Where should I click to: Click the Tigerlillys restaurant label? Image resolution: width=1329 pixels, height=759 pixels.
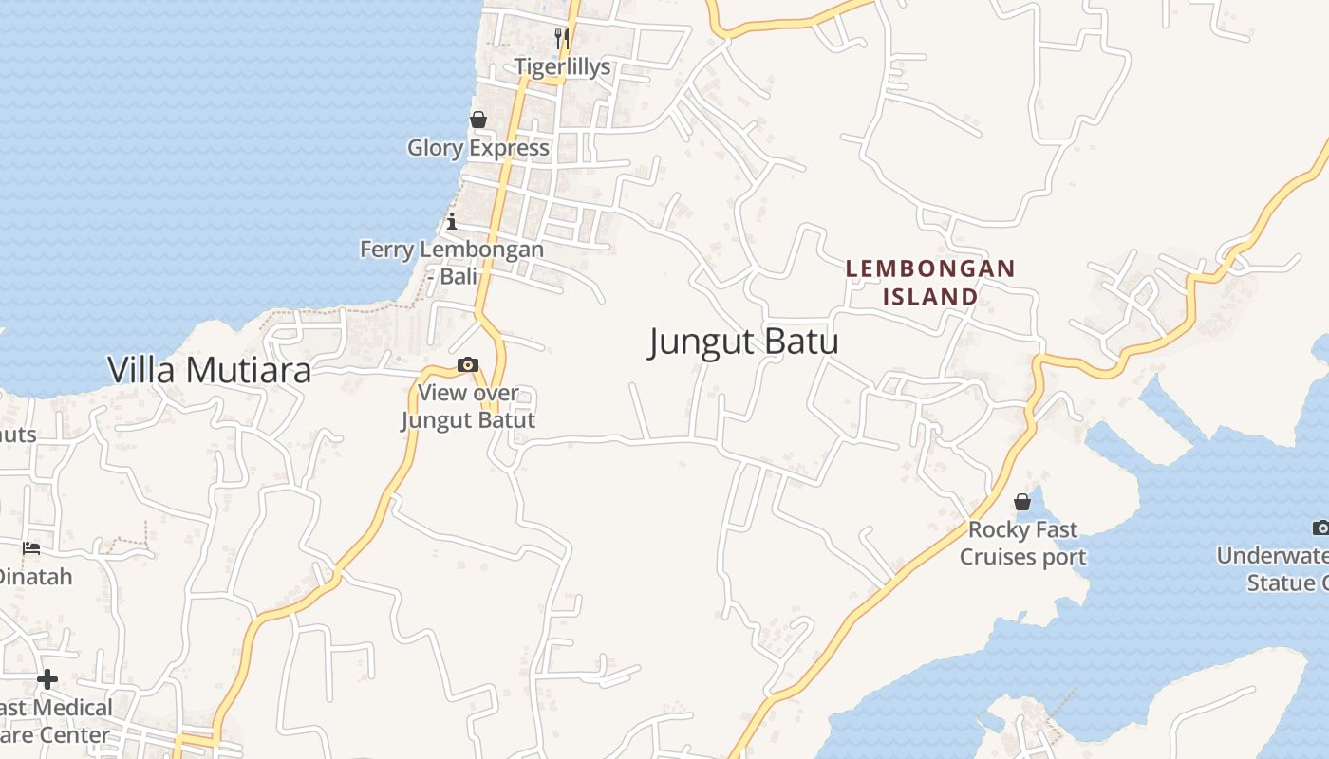click(x=563, y=66)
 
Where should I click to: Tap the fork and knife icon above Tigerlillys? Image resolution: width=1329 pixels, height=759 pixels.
click(x=562, y=38)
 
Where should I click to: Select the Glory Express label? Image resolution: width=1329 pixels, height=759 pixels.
click(x=478, y=148)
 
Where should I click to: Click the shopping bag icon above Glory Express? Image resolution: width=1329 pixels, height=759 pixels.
click(x=478, y=120)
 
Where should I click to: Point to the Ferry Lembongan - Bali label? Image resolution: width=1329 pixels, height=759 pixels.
click(x=452, y=263)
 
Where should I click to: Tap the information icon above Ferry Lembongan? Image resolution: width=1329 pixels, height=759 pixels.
click(x=452, y=222)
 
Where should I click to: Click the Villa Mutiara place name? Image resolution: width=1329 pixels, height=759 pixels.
click(x=209, y=370)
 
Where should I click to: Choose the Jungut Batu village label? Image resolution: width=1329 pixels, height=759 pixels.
click(x=743, y=342)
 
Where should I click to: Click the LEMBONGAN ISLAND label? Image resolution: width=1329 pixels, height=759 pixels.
click(x=930, y=283)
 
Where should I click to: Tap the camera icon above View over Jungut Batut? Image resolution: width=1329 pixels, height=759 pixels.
click(x=467, y=365)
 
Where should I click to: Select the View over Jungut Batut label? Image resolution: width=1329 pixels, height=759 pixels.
click(x=468, y=406)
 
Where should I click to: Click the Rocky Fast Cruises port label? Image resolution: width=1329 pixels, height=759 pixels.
click(x=1022, y=543)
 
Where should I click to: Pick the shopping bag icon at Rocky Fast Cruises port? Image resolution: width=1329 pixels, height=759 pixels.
click(x=1022, y=501)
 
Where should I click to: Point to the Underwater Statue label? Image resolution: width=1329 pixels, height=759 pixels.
click(x=1277, y=569)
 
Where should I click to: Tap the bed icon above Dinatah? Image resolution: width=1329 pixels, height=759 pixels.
click(x=31, y=547)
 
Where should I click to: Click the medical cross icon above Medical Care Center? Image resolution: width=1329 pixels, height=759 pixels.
click(x=47, y=679)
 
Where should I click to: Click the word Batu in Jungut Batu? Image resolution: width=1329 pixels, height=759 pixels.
click(x=795, y=342)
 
